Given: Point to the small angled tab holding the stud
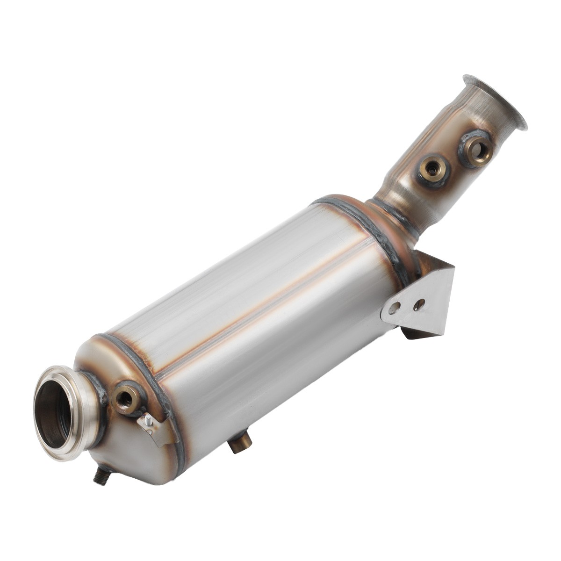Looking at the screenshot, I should click(152, 428).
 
